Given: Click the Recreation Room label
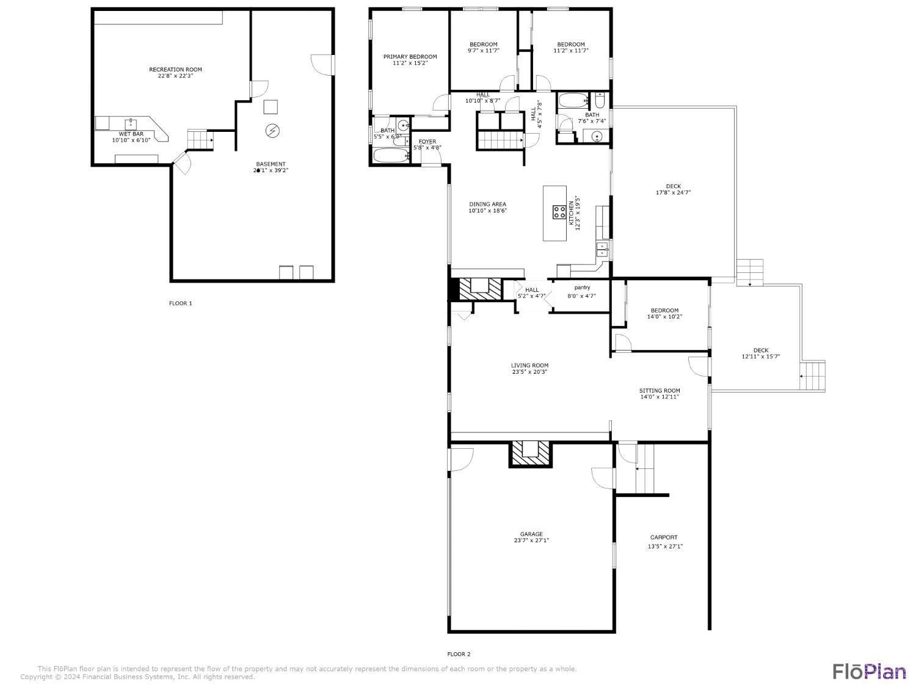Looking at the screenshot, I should click(x=175, y=70).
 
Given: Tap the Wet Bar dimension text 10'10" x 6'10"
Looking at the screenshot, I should click(x=131, y=140).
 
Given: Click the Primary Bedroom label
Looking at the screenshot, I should click(x=410, y=57).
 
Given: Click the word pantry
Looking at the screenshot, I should click(x=582, y=288).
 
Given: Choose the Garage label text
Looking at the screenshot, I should click(x=531, y=534).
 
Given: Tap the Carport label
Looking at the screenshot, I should click(x=663, y=537).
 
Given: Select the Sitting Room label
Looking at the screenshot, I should click(x=659, y=391).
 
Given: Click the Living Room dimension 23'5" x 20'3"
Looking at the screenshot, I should click(x=529, y=372).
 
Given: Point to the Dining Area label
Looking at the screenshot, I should click(x=487, y=205).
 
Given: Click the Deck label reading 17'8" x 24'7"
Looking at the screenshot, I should click(x=673, y=193).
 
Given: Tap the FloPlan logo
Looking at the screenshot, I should click(x=869, y=671).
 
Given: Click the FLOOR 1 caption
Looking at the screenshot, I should click(x=180, y=304).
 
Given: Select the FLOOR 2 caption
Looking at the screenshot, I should click(x=459, y=654).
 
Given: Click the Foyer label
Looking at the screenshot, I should click(x=427, y=142).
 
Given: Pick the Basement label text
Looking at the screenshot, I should click(x=271, y=164).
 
